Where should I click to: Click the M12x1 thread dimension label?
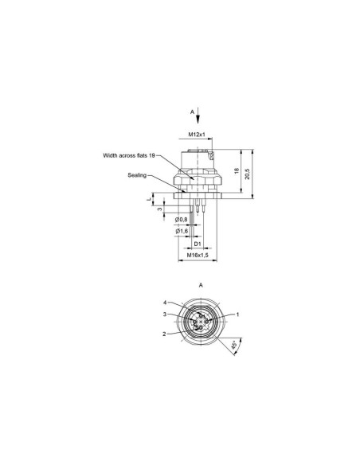click(x=197, y=135)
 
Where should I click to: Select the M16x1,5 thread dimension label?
click(x=198, y=255)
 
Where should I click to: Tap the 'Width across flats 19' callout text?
click(x=129, y=155)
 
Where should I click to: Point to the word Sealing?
click(x=137, y=175)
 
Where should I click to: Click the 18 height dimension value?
click(x=237, y=171)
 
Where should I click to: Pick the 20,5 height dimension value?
click(x=248, y=174)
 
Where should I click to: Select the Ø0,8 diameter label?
click(x=181, y=220)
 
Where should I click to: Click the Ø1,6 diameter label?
click(x=182, y=231)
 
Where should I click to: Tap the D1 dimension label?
click(x=198, y=244)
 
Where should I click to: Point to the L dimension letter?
click(x=149, y=199)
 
